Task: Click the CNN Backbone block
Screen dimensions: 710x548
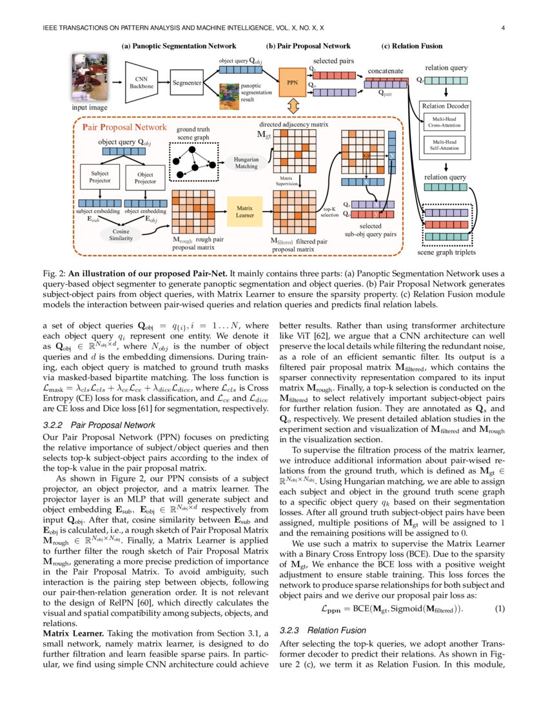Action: [141, 83]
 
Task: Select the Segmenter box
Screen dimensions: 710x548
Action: [188, 83]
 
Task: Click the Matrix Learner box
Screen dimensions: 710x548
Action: [244, 211]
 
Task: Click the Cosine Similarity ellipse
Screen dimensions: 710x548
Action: [121, 235]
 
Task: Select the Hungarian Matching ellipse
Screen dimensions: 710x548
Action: [246, 162]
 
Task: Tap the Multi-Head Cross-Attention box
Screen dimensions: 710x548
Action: [445, 123]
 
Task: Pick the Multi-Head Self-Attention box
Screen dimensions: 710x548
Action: [445, 145]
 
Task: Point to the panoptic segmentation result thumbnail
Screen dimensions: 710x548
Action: [230, 95]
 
